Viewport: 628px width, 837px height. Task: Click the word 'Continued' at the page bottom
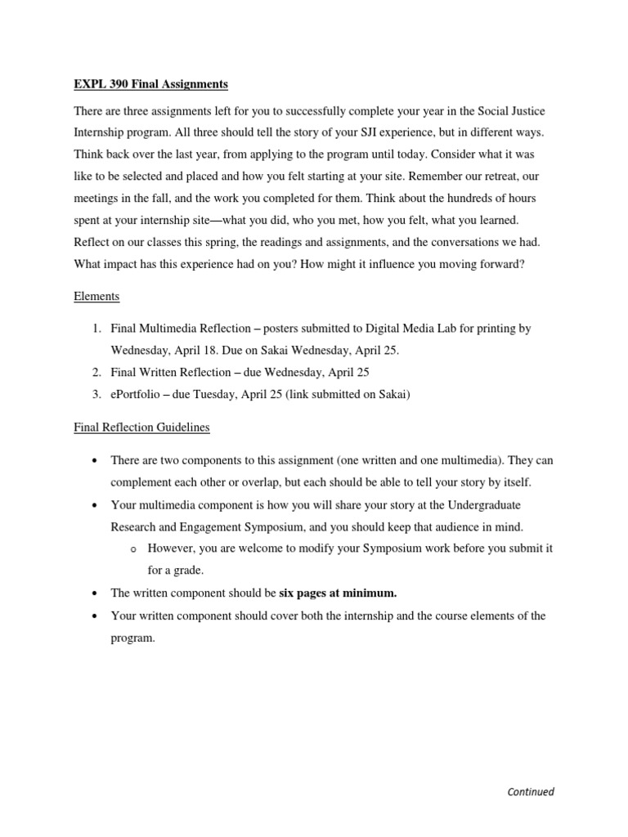[x=531, y=791]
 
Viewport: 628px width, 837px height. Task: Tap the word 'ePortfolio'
[x=140, y=394]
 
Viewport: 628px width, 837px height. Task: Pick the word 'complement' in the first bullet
[x=146, y=482]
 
